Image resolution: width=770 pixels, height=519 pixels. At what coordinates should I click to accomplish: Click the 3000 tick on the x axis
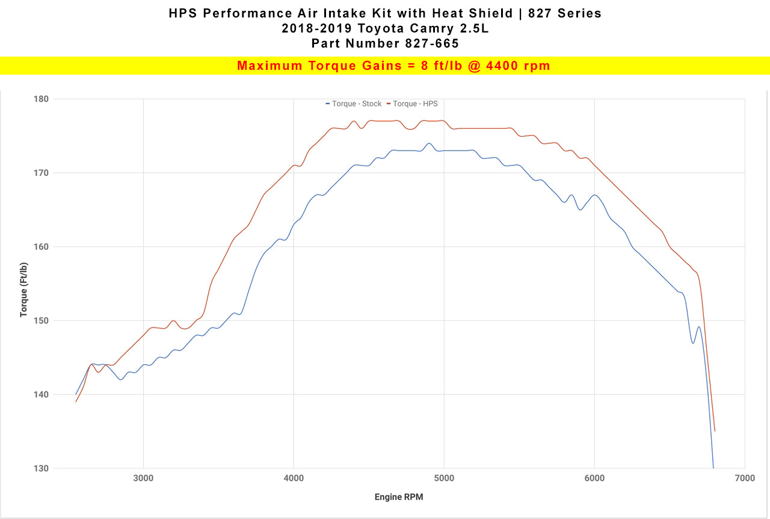(x=143, y=478)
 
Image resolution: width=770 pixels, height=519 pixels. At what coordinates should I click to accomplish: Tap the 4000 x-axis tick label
(x=294, y=478)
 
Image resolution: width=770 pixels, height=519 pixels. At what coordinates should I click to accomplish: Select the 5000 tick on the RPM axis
(x=444, y=478)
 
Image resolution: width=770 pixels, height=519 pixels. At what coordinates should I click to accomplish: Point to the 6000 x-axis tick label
(x=594, y=478)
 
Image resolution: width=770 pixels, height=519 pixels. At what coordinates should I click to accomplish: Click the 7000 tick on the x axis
(x=745, y=478)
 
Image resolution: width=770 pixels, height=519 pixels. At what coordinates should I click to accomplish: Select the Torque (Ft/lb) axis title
(x=24, y=290)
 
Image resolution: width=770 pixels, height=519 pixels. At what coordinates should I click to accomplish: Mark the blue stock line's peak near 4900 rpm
(x=428, y=143)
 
